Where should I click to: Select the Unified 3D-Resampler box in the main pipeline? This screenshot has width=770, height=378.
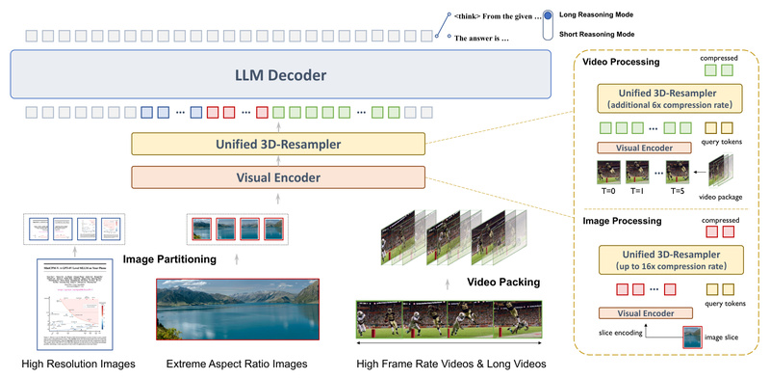click(x=277, y=145)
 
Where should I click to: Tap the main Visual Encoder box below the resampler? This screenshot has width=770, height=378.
click(x=277, y=177)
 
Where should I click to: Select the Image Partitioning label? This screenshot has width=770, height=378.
click(x=169, y=259)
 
